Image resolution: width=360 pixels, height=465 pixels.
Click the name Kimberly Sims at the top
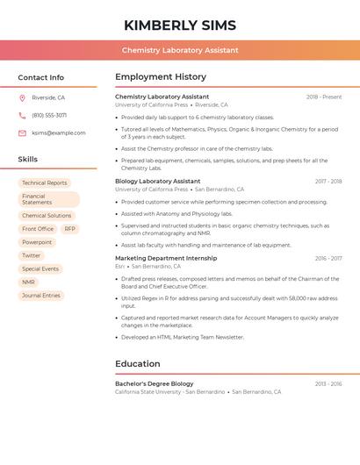(180, 25)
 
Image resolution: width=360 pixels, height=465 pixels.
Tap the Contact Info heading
(41, 77)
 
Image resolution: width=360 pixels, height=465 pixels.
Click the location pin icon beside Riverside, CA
(22, 98)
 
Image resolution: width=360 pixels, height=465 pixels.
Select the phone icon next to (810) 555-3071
(22, 116)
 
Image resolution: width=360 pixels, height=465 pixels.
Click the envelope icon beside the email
(22, 133)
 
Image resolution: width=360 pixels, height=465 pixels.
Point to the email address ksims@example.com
(59, 133)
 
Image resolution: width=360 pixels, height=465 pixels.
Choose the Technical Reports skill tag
(45, 183)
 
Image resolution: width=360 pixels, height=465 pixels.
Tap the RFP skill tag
(69, 229)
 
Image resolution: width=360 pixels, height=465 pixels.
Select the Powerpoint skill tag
(37, 242)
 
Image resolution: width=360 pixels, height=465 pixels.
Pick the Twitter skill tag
(32, 256)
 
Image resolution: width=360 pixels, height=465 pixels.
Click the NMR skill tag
(29, 283)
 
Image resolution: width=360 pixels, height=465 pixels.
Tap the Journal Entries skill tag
(41, 296)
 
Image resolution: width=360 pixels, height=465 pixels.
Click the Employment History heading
(161, 77)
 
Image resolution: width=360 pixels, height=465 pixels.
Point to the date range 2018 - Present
(324, 97)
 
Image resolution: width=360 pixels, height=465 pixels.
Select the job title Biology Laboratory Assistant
(158, 182)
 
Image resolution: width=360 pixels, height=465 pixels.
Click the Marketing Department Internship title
(166, 259)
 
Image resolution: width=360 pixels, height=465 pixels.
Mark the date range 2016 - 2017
(328, 259)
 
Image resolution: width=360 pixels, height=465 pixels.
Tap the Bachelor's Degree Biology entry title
(155, 383)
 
